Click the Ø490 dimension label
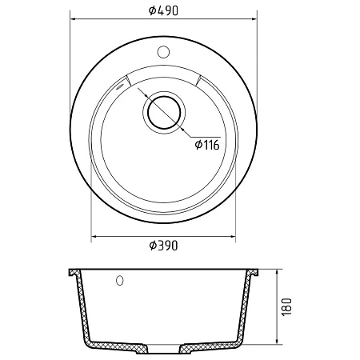pyautogui.click(x=163, y=10)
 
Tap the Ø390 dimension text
pyautogui.click(x=163, y=246)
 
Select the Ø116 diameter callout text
pyautogui.click(x=207, y=145)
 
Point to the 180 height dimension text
pyautogui.click(x=286, y=306)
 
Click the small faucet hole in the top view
pyautogui.click(x=163, y=52)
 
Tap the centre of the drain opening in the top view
pyautogui.click(x=164, y=112)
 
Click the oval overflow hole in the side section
pyautogui.click(x=120, y=280)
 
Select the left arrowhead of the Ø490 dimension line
pyautogui.click(x=74, y=18)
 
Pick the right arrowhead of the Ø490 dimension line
pyautogui.click(x=254, y=18)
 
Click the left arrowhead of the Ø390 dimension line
pyautogui.click(x=94, y=236)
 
